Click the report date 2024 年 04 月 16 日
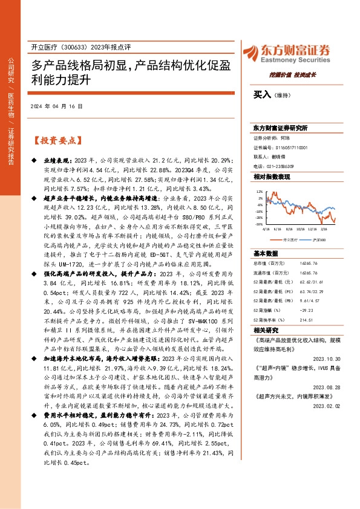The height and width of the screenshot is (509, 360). (x=56, y=106)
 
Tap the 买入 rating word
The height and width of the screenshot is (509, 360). (x=261, y=94)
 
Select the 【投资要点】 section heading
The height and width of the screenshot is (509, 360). (x=56, y=141)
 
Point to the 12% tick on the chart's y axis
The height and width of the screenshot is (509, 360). (x=259, y=191)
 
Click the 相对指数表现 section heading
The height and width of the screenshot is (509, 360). (x=271, y=177)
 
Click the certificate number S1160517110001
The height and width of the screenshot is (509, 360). (x=289, y=147)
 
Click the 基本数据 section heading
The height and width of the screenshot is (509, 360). (x=265, y=253)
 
